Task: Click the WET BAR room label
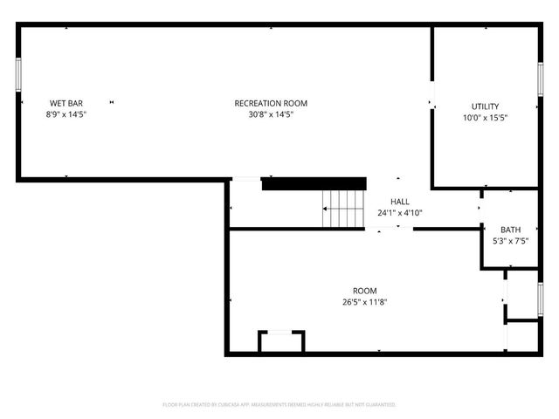click(66, 103)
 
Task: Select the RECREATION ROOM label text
click(271, 103)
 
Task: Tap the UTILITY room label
click(485, 106)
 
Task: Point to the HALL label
click(399, 202)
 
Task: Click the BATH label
click(510, 230)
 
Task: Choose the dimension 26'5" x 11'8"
click(364, 302)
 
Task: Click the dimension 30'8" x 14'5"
click(271, 114)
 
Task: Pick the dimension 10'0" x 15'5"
click(485, 117)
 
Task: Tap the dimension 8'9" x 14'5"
click(66, 114)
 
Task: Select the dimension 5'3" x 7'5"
click(510, 241)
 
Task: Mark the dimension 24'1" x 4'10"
click(399, 213)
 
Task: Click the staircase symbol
click(344, 209)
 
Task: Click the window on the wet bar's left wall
click(18, 74)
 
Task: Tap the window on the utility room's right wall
click(541, 79)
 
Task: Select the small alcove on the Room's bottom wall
click(281, 342)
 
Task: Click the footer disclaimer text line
click(279, 405)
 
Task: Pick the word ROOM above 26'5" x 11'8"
click(364, 291)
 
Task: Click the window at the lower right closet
click(541, 299)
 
